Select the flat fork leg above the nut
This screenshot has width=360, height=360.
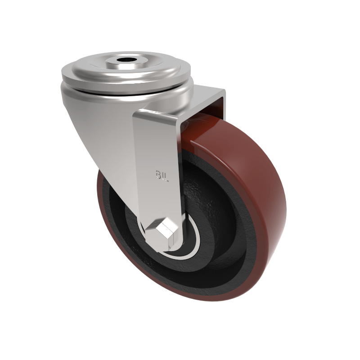155,198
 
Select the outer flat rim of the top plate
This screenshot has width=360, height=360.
81,72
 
